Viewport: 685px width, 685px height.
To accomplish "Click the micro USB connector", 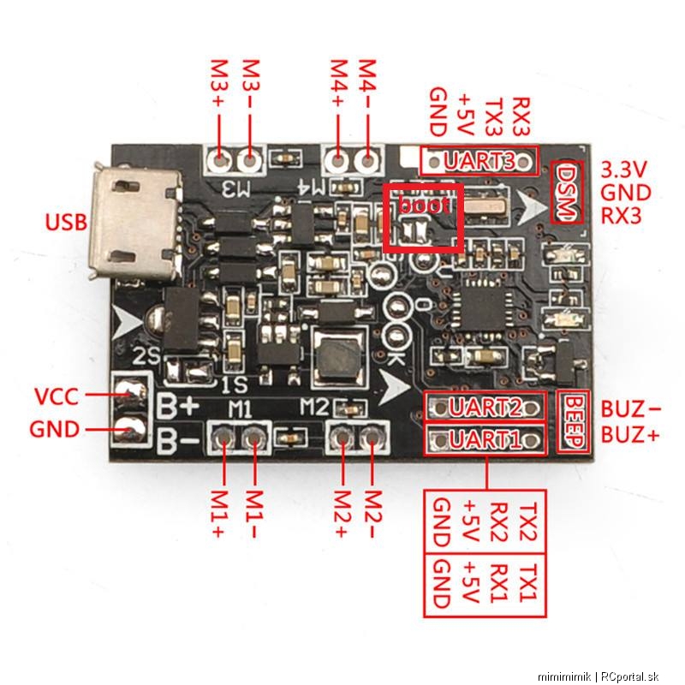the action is pos(135,222).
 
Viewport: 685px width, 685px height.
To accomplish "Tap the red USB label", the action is pos(67,223).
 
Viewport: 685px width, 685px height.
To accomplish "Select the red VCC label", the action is pos(57,396).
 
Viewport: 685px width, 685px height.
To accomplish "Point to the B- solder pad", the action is pos(129,430).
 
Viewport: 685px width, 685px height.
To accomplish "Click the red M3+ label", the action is pos(218,83).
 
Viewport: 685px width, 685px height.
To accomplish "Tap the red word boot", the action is pos(424,205).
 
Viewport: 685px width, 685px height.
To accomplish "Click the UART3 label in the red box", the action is pos(479,160).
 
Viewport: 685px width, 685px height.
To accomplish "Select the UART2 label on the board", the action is pos(485,408).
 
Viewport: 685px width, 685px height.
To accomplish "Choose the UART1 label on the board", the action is pos(485,439).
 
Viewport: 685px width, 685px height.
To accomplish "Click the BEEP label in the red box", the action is pos(574,421).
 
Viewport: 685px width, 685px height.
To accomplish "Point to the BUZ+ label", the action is pos(630,435).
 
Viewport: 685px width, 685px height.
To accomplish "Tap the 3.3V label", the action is pos(622,170).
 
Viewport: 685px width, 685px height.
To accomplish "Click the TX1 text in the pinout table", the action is pos(528,584).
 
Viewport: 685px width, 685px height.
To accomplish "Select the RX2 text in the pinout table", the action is pos(499,522).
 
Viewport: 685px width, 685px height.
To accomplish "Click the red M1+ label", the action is pos(218,513).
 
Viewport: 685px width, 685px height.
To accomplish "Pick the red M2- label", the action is pos(372,513).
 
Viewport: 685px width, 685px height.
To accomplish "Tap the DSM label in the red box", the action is pos(567,192).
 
